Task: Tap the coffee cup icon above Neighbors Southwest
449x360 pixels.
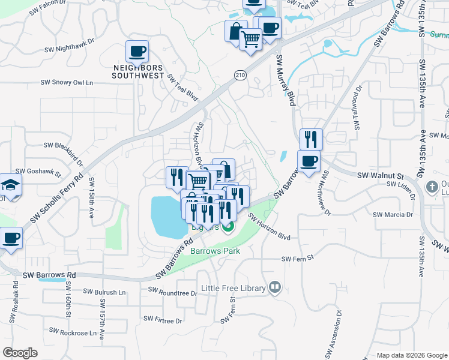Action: (137, 52)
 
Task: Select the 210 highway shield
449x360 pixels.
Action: (240, 74)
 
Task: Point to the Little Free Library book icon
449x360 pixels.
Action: (275, 288)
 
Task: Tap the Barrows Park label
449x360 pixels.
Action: (215, 251)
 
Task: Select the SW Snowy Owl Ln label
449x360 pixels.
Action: (67, 82)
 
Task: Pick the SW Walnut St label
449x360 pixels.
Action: (378, 176)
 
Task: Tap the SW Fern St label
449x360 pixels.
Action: (298, 258)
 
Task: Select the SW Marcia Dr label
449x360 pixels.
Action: (393, 214)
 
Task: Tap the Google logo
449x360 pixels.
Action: (20, 352)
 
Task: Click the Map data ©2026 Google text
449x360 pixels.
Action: (411, 355)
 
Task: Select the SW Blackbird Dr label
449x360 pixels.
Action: (63, 145)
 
